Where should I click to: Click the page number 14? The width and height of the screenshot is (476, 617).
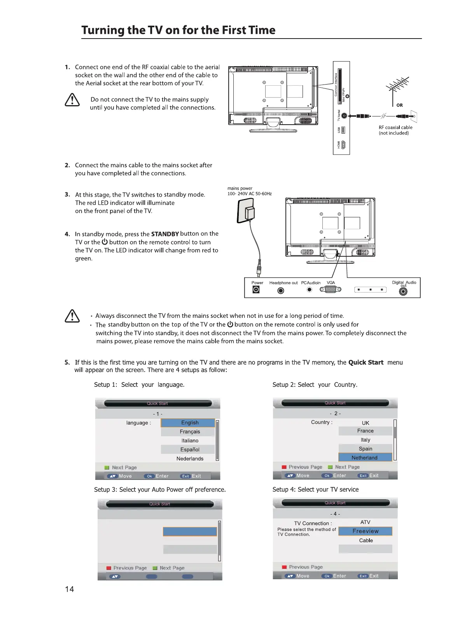(69, 589)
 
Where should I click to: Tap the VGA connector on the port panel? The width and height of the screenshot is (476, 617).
(330, 289)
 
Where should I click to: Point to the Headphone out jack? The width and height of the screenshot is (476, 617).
(281, 291)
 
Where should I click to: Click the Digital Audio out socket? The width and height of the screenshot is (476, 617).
(403, 291)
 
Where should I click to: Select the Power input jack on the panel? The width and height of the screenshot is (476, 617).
(256, 290)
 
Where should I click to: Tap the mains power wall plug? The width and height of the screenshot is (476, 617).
(247, 211)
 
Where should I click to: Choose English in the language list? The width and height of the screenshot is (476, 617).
(189, 423)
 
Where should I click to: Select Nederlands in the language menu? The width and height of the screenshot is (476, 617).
(190, 458)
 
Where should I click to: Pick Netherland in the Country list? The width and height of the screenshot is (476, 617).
(364, 458)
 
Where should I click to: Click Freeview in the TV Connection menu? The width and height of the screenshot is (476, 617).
(365, 531)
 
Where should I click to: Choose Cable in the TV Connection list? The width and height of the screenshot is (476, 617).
(366, 540)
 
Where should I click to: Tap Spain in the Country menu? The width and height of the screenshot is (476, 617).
(365, 449)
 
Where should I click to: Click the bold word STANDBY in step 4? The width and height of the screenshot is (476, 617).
(164, 234)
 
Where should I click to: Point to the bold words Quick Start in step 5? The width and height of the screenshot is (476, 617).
(366, 362)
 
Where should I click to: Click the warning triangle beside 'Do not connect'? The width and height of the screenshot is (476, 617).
(72, 100)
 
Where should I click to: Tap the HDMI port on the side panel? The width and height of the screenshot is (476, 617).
(343, 145)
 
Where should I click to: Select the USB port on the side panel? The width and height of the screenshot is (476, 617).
(343, 130)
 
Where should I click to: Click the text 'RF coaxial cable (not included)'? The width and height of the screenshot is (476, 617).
(395, 130)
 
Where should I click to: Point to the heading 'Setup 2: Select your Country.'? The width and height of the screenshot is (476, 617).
(315, 384)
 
